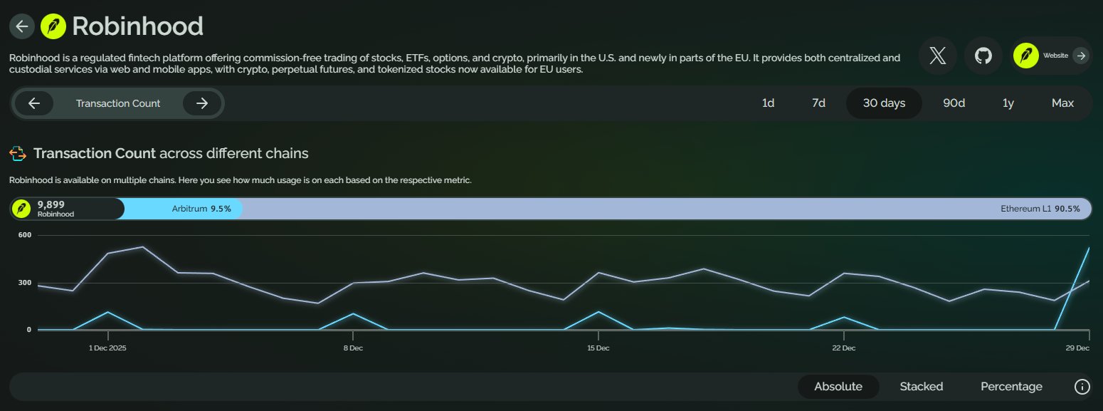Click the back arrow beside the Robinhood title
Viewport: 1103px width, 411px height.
pos(22,26)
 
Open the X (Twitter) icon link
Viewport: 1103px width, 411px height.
pos(938,56)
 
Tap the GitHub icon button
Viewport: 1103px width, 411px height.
pos(983,56)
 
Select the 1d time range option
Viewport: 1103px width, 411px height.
pos(768,103)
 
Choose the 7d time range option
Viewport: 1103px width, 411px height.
pos(818,103)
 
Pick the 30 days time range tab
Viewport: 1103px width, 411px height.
pos(884,103)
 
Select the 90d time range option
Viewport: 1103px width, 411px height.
pos(954,103)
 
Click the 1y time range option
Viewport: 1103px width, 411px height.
pos(1008,103)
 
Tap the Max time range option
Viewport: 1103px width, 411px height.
pos(1062,103)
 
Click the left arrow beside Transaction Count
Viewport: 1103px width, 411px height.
pos(34,103)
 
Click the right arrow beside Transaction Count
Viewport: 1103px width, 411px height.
pos(202,103)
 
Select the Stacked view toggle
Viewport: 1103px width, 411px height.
pos(921,387)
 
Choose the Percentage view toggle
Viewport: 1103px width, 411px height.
pos(1011,387)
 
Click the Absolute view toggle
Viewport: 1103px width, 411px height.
pos(838,387)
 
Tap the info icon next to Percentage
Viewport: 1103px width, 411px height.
pos(1082,387)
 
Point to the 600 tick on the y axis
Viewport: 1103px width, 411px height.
pos(24,235)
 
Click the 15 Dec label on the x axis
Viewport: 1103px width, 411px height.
pos(598,348)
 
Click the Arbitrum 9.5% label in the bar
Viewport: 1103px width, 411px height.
pos(201,209)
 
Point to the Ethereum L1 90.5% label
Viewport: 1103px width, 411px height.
pos(1040,209)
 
